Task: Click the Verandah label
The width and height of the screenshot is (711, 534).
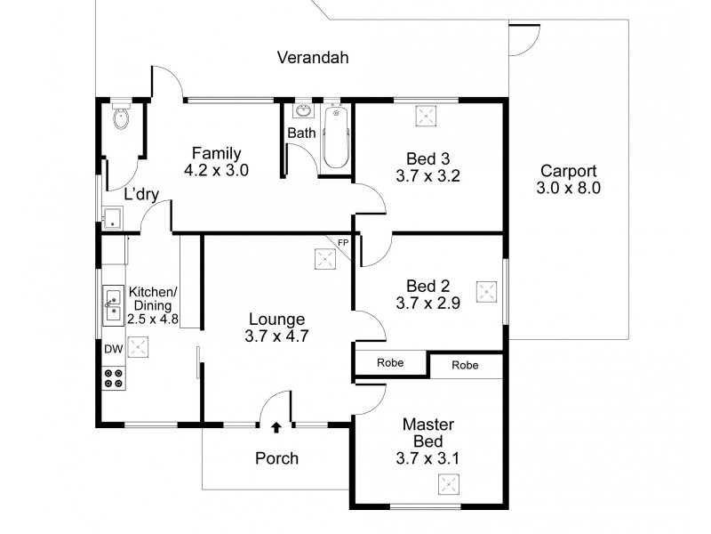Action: (312, 59)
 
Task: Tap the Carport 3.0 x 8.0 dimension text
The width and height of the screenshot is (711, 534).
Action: (569, 189)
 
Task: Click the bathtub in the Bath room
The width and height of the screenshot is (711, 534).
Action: (335, 138)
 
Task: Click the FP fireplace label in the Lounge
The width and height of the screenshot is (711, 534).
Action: (342, 242)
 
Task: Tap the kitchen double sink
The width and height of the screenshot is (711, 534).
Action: (114, 305)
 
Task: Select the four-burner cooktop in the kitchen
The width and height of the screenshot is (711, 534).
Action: (114, 377)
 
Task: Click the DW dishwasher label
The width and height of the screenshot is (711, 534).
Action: (113, 350)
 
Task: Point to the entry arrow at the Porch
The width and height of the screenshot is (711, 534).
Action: (276, 428)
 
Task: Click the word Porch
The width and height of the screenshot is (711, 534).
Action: (276, 459)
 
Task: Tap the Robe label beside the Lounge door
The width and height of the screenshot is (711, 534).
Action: (390, 363)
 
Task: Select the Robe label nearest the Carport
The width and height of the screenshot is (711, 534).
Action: (464, 366)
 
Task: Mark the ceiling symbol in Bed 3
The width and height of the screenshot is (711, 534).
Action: (424, 116)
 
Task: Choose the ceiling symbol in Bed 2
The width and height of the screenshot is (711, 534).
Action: (485, 291)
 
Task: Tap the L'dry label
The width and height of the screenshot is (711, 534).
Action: (141, 193)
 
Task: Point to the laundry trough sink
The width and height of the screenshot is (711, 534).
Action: (112, 218)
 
